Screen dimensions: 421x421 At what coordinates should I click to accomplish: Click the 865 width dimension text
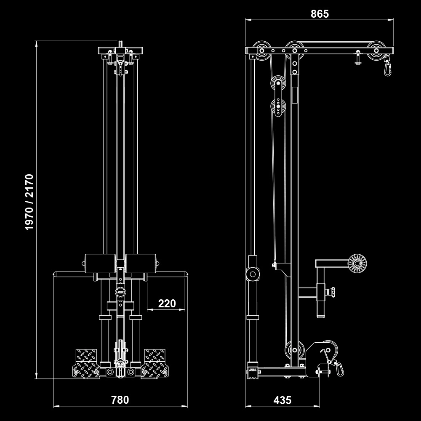tap(320, 14)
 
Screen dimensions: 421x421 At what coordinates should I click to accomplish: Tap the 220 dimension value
tap(167, 304)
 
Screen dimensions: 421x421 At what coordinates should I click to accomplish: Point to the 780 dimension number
tap(120, 400)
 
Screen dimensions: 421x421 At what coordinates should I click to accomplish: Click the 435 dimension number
tap(282, 400)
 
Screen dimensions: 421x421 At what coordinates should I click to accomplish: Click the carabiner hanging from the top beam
tap(386, 67)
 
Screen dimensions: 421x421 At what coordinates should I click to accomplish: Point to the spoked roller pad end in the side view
tap(357, 264)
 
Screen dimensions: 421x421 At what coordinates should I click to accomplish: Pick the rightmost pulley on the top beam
tap(376, 50)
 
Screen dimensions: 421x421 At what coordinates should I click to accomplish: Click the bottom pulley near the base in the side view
tap(294, 350)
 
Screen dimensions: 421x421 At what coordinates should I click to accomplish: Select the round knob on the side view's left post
tap(253, 274)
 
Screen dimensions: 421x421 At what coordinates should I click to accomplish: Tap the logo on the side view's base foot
tap(253, 370)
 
